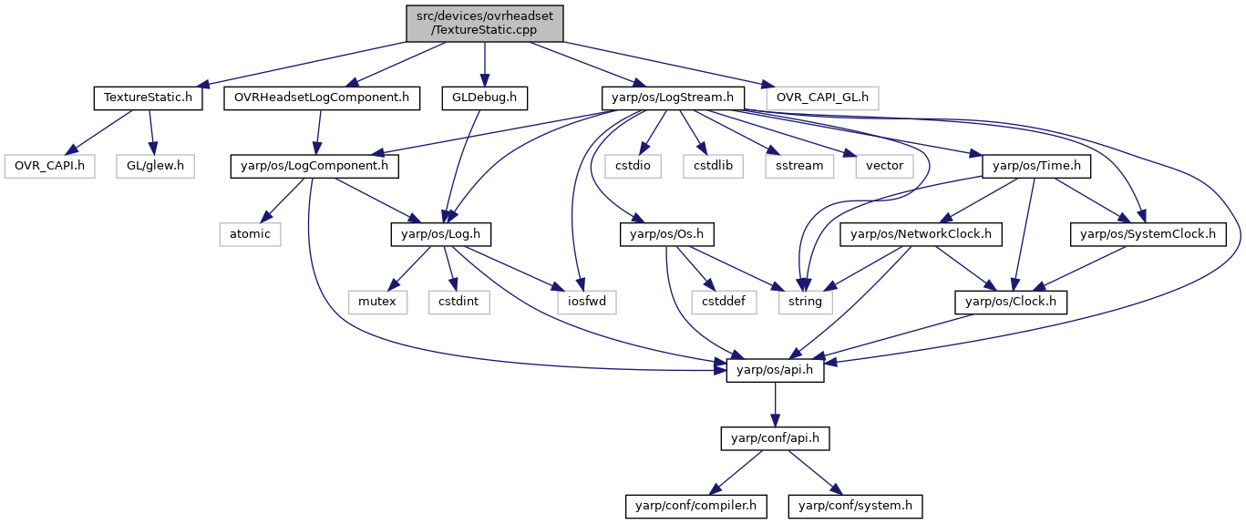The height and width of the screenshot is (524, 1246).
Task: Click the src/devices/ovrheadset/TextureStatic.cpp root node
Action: (485, 24)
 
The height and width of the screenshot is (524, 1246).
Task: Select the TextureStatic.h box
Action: (148, 98)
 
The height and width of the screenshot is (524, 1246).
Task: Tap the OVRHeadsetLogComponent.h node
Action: (322, 98)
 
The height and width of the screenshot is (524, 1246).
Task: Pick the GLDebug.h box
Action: (485, 98)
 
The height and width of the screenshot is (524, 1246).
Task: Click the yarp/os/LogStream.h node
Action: (673, 98)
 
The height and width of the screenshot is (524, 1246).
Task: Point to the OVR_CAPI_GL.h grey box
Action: (822, 98)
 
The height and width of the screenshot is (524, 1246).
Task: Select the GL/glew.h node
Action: (155, 167)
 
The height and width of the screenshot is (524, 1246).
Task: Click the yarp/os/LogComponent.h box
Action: (314, 167)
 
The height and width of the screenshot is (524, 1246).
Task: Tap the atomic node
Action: (251, 234)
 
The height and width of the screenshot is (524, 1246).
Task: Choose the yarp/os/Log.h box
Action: (440, 234)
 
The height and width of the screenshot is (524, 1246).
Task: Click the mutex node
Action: (377, 302)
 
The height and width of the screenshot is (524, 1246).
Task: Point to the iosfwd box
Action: (587, 302)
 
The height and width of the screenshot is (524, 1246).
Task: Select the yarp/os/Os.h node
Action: (667, 234)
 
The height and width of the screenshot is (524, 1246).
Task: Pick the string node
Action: (806, 302)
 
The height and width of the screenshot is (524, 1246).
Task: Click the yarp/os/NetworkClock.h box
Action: (922, 234)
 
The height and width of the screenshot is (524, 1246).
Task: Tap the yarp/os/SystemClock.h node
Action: (1148, 234)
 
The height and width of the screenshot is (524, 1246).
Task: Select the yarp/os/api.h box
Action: (775, 371)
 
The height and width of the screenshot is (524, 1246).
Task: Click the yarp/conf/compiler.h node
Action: (695, 506)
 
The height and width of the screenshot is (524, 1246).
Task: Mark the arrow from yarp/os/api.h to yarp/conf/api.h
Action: (775, 405)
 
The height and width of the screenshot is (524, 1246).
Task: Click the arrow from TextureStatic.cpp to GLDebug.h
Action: (485, 64)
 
